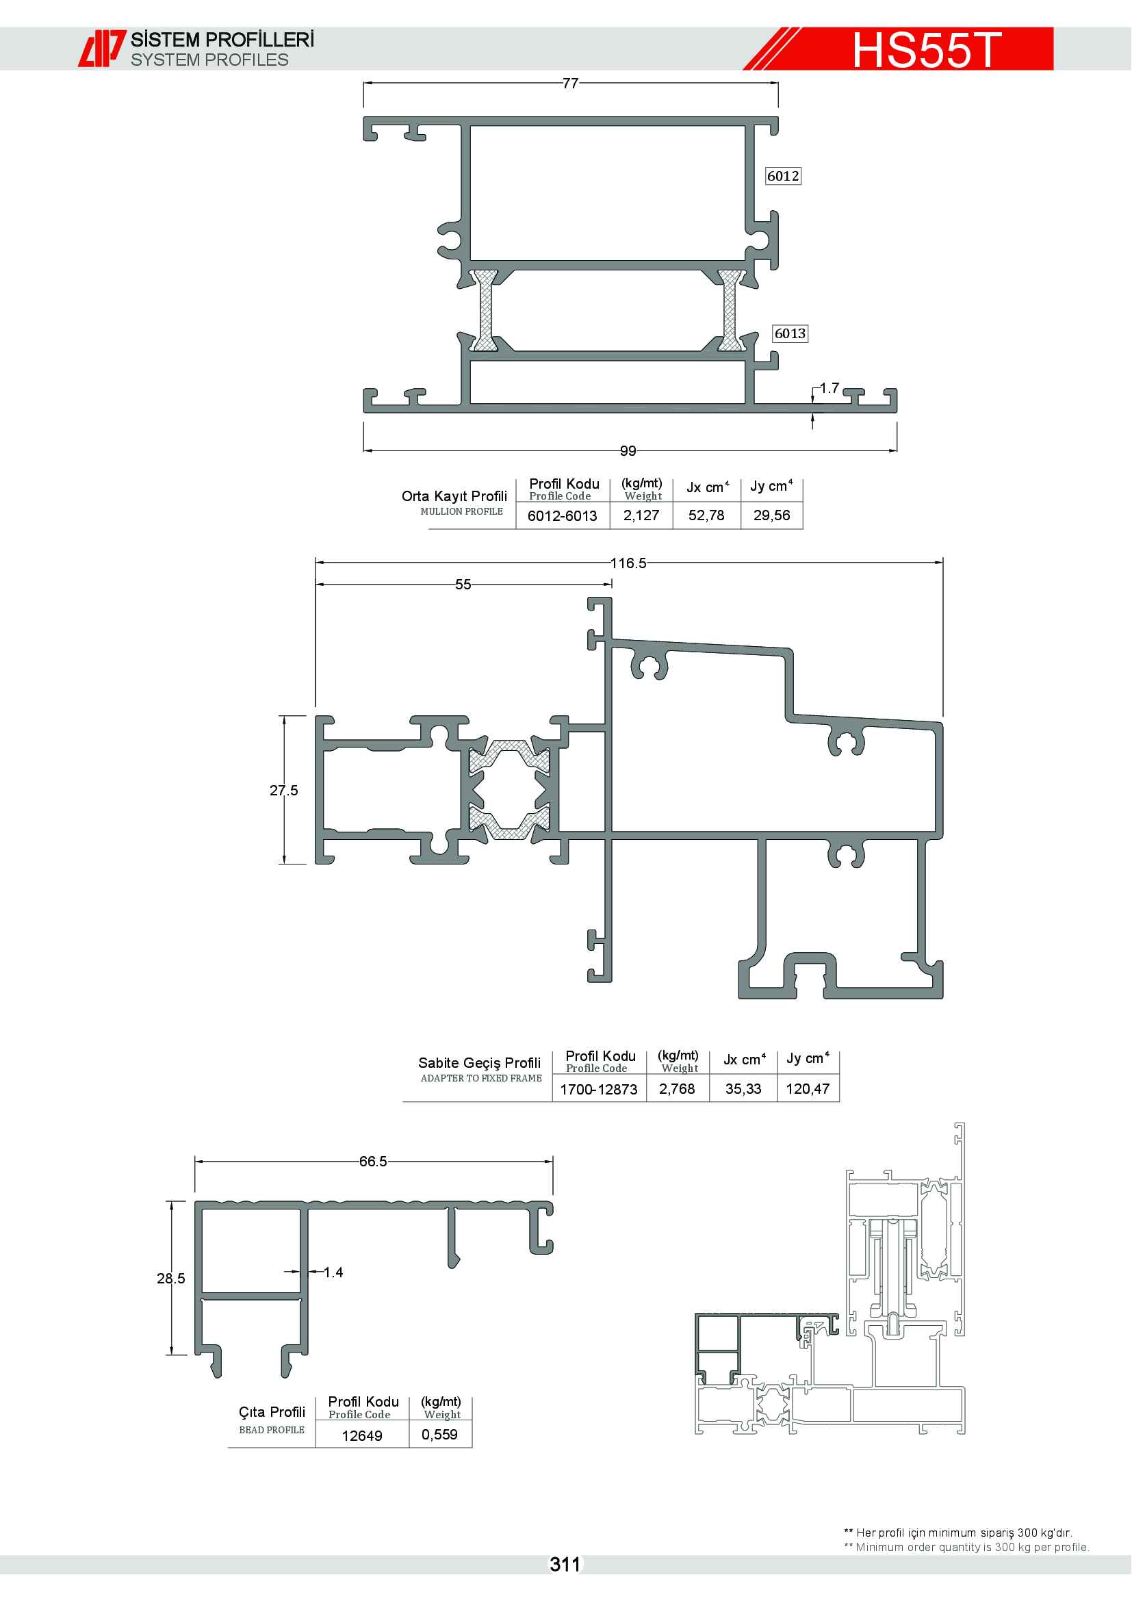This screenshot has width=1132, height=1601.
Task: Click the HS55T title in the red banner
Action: coord(927,49)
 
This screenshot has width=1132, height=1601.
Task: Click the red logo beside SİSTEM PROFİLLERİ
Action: coord(102,48)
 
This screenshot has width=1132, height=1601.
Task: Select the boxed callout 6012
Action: coord(783,176)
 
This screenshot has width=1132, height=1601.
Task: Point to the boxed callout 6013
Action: coord(790,333)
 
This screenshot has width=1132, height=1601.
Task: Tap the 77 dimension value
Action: coord(570,84)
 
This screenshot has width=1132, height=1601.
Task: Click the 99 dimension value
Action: coord(628,451)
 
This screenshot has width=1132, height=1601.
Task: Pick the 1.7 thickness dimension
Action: coord(829,387)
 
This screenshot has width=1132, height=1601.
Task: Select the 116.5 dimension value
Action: coord(628,563)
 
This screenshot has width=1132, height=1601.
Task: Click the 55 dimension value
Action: coord(463,585)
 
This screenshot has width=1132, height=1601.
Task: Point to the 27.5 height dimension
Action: coord(284,790)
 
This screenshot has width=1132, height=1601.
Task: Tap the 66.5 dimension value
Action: coord(373,1161)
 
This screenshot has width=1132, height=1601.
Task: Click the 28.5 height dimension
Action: coord(171,1278)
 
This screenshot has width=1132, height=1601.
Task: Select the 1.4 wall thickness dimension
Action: coord(333,1272)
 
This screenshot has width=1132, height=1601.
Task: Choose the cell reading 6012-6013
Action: coord(562,516)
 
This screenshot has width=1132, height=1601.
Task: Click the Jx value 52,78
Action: coord(706,515)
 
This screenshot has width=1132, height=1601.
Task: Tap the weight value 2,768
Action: coord(677,1088)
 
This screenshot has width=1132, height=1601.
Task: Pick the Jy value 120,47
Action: coord(808,1088)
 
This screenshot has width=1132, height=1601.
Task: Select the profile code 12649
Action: coord(362,1436)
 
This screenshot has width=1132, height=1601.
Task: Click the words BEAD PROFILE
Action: coord(272,1430)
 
